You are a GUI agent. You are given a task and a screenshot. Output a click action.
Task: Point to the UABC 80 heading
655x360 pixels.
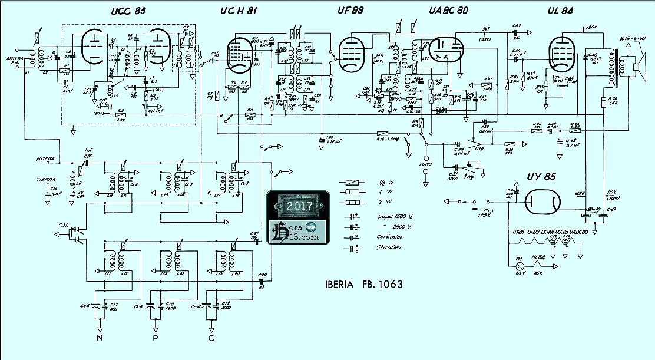point(449,11)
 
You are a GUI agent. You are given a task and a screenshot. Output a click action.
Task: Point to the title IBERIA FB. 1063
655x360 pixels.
point(363,284)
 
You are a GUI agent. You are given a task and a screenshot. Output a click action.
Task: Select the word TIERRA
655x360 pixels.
point(46,179)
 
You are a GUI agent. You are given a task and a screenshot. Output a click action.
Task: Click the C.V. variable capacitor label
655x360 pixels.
point(64,224)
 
